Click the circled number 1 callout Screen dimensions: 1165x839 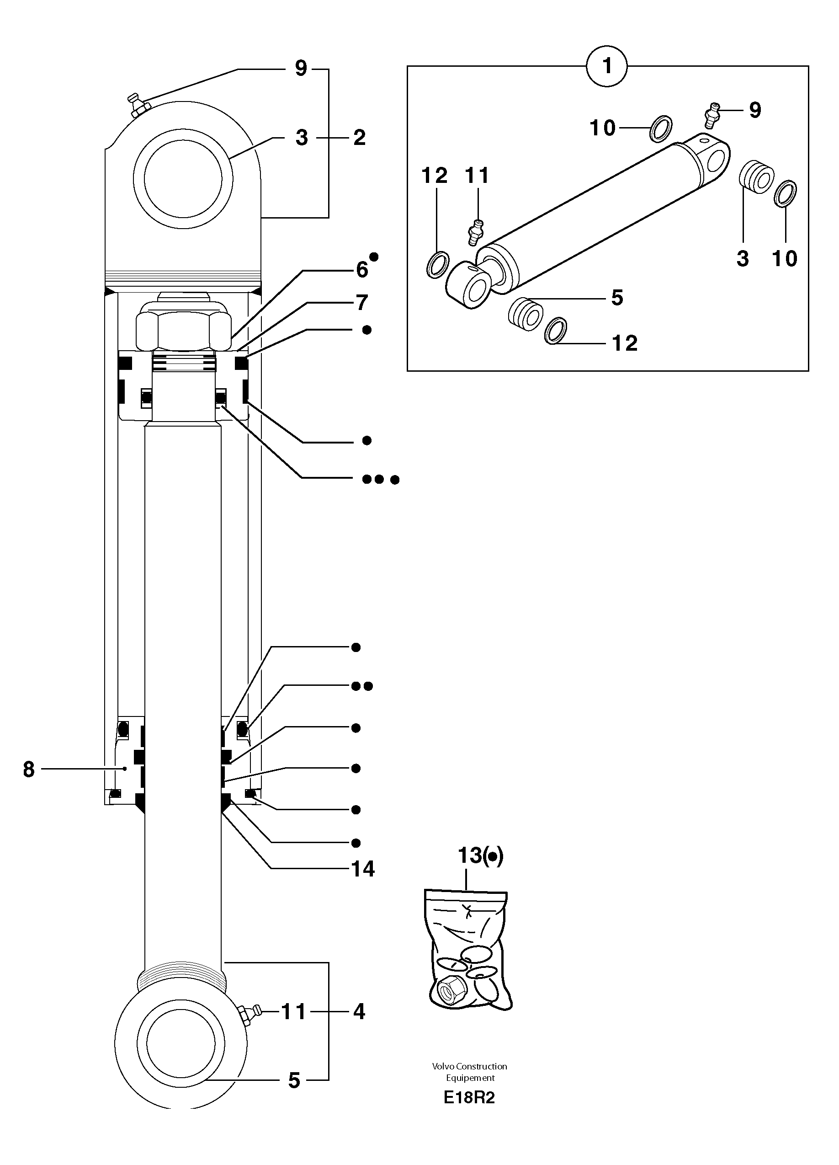(x=607, y=66)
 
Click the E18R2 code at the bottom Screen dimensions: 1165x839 (x=469, y=1098)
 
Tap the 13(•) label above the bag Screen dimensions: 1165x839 (x=480, y=855)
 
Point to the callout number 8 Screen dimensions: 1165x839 (x=29, y=769)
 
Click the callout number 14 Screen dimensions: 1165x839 (x=363, y=869)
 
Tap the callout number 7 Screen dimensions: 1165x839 (x=362, y=303)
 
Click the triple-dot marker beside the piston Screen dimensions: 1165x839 (x=380, y=479)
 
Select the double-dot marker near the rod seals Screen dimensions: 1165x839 (x=361, y=686)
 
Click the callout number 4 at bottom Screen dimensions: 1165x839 (x=359, y=1012)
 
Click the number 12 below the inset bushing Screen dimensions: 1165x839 (x=625, y=343)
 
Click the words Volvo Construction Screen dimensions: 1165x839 (x=469, y=1066)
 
